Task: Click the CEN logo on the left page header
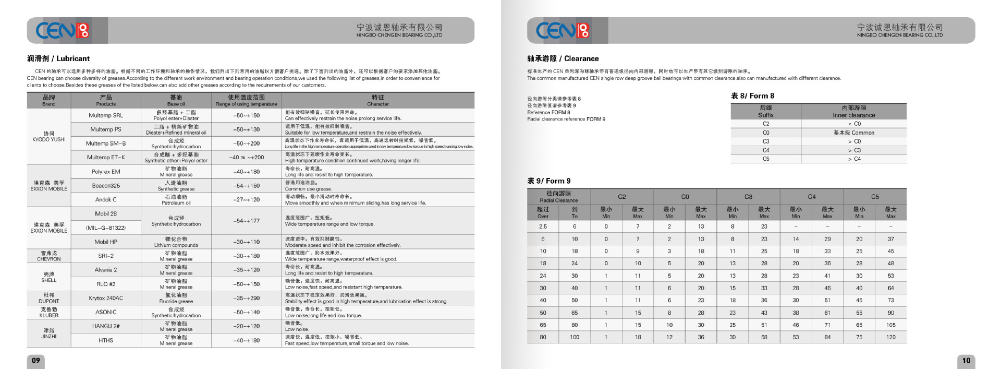(x=63, y=30)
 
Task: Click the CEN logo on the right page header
(x=563, y=30)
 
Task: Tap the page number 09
(x=36, y=360)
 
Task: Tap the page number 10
(x=966, y=360)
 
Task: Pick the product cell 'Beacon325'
(x=106, y=186)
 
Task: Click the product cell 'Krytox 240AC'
(x=106, y=298)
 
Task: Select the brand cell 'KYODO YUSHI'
(x=49, y=136)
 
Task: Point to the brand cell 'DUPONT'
(x=49, y=298)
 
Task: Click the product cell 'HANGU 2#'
(x=106, y=326)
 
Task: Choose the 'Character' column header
(x=377, y=100)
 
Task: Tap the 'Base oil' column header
(x=176, y=100)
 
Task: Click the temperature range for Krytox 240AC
(x=247, y=298)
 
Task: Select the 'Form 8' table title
(x=752, y=96)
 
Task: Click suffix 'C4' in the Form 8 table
(x=766, y=150)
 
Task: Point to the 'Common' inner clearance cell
(x=854, y=133)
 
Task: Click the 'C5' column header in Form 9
(x=875, y=197)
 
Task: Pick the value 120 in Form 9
(x=891, y=337)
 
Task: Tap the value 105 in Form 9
(x=891, y=325)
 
